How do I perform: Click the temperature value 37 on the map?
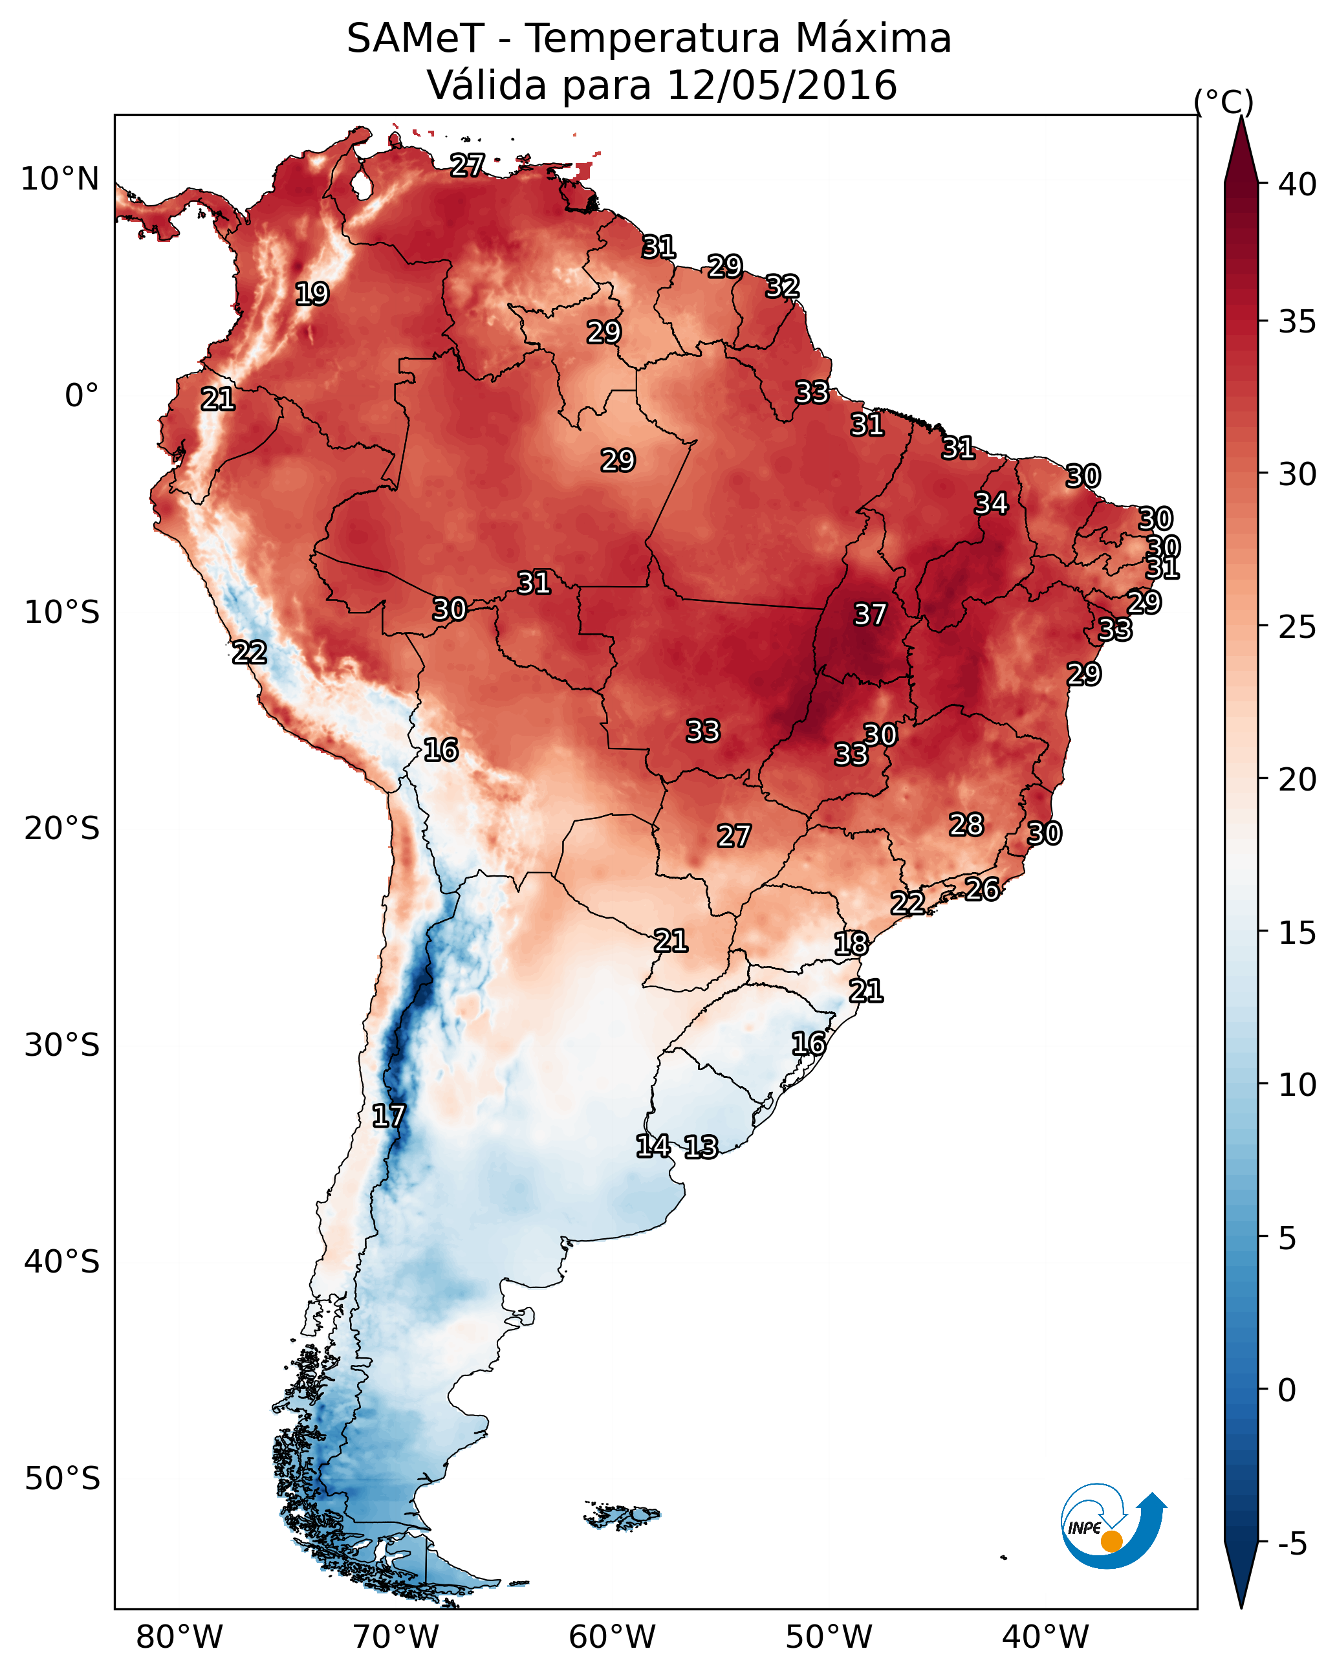869,615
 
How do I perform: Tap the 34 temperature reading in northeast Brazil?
991,503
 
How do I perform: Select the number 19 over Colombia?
312,294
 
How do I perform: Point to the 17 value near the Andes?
388,1116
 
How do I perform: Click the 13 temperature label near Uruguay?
700,1147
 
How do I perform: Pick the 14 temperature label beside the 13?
653,1145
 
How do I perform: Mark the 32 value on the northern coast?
782,287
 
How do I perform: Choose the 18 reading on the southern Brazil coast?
851,944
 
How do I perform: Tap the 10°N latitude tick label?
60,179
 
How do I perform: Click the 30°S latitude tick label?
62,1045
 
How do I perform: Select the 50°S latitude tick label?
62,1479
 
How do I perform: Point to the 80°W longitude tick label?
179,1637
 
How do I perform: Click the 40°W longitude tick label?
1045,1637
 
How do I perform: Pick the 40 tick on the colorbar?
1298,184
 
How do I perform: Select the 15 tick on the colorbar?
1298,933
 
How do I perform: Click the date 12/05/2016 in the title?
781,85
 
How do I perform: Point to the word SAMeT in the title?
415,39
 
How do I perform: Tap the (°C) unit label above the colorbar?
1223,102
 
